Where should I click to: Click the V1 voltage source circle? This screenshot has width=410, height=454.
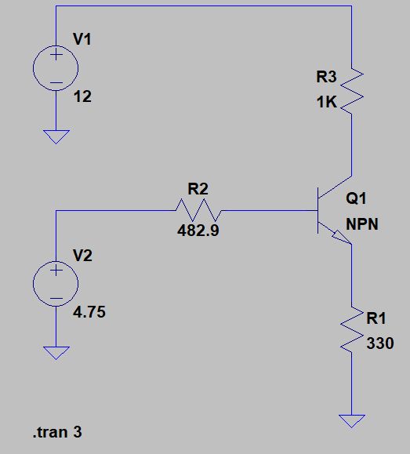tap(56, 68)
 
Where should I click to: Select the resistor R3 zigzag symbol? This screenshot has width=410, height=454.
tap(352, 91)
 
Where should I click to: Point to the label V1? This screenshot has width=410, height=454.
tap(82, 39)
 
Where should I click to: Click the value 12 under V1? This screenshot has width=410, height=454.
tap(81, 98)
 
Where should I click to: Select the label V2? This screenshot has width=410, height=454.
tap(82, 255)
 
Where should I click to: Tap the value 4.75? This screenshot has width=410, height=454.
tap(89, 312)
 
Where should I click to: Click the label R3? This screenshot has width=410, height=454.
tap(326, 77)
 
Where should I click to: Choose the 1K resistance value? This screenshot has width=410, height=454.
tap(327, 102)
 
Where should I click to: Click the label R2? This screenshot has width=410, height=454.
tap(198, 188)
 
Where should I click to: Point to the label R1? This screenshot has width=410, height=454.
tap(376, 318)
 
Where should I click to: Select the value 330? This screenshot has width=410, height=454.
tap(379, 343)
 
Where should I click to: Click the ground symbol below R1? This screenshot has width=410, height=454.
tap(352, 420)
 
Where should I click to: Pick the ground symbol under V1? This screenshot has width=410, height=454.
tap(56, 136)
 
